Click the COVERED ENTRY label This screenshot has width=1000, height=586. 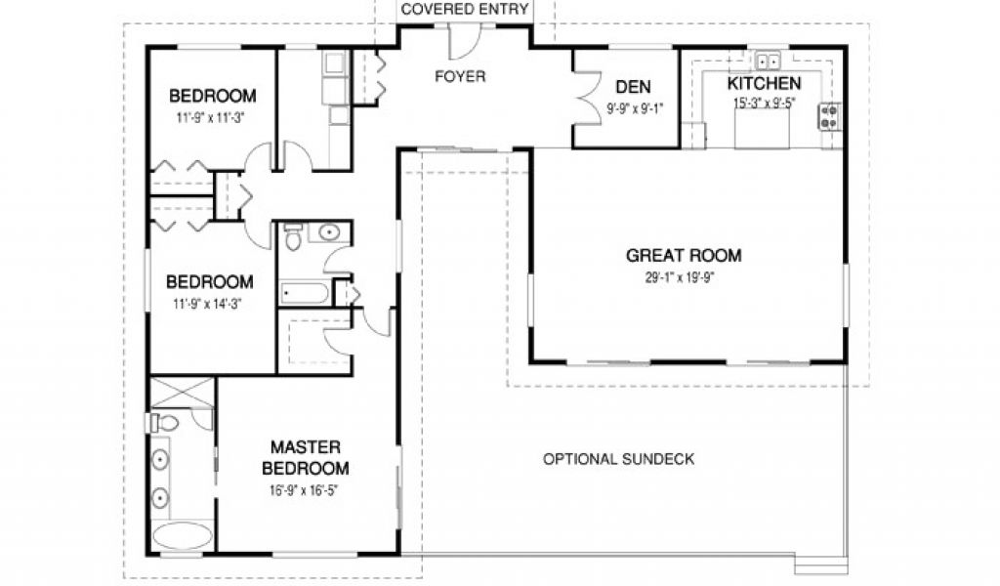pyautogui.click(x=464, y=10)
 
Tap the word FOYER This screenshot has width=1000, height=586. pyautogui.click(x=460, y=76)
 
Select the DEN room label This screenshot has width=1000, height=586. pyautogui.click(x=633, y=87)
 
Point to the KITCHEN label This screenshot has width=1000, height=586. pyautogui.click(x=764, y=84)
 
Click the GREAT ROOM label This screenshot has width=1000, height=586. pyautogui.click(x=684, y=256)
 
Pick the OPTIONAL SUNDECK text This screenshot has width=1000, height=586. pyautogui.click(x=618, y=459)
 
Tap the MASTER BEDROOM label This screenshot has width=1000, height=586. pyautogui.click(x=306, y=458)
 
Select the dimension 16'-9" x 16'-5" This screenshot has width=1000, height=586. pyautogui.click(x=305, y=490)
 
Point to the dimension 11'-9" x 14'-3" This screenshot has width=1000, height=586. pyautogui.click(x=208, y=304)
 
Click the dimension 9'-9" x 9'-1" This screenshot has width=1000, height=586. pyautogui.click(x=635, y=108)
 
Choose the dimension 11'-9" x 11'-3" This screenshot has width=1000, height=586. pyautogui.click(x=211, y=118)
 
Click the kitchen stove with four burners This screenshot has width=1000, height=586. pyautogui.click(x=829, y=116)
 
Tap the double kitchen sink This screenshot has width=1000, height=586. pyautogui.click(x=768, y=62)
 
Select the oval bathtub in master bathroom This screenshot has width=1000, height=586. pyautogui.click(x=183, y=535)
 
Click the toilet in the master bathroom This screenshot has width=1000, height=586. pyautogui.click(x=164, y=422)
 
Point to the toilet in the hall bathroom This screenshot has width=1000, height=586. pyautogui.click(x=293, y=236)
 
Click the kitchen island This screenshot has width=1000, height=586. pyautogui.click(x=762, y=128)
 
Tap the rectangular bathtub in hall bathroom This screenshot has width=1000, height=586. pyautogui.click(x=306, y=293)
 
